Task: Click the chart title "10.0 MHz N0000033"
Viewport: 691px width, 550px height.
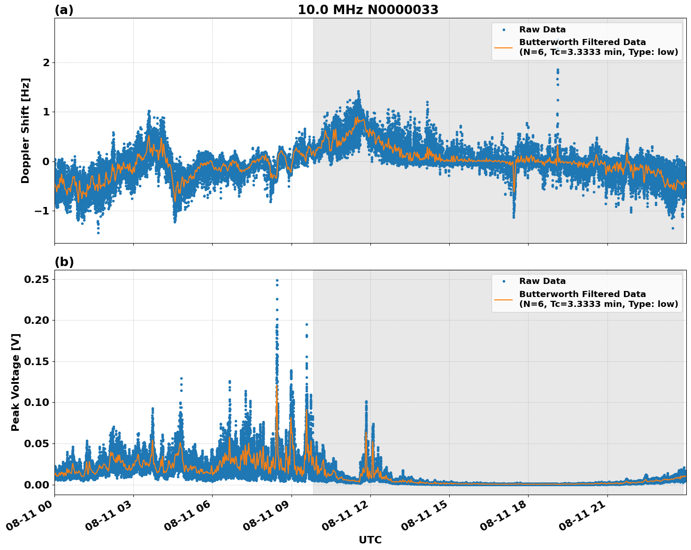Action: [368, 10]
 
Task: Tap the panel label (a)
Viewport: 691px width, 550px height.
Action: [64, 10]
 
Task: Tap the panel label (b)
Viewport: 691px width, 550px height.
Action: [64, 262]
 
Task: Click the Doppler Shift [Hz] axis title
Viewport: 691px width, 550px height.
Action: [25, 130]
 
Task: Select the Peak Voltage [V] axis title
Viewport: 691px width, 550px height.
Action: [15, 382]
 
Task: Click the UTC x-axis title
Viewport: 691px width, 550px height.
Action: [370, 540]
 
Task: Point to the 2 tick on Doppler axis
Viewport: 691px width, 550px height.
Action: [46, 62]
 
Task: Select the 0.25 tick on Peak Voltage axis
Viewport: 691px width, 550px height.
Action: [37, 279]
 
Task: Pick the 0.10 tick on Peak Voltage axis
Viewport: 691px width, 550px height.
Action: [37, 402]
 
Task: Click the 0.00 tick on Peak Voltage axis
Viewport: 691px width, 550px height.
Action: [37, 484]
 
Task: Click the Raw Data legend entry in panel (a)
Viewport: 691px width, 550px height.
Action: [542, 30]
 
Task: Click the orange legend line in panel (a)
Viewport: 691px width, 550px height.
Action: [503, 47]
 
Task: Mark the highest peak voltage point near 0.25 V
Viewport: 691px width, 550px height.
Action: [277, 280]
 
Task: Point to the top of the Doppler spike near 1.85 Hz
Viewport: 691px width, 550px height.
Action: [557, 70]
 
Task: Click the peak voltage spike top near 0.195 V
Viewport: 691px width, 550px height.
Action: [307, 324]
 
